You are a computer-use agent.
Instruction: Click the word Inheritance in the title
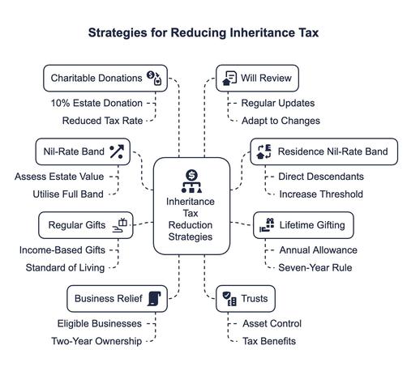tap(263, 32)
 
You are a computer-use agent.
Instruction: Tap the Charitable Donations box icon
tap(154, 78)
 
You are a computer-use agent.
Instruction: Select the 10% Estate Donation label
tap(96, 103)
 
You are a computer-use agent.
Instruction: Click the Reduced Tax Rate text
tap(102, 121)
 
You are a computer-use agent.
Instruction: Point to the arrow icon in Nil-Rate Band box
tap(117, 151)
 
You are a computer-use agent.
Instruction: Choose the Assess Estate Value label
tap(59, 177)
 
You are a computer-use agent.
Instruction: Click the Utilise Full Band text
tap(68, 194)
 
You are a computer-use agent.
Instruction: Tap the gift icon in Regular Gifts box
tap(120, 225)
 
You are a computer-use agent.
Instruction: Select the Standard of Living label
tap(65, 267)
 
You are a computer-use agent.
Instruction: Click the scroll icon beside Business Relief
tap(154, 299)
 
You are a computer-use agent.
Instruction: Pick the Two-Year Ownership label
tap(96, 341)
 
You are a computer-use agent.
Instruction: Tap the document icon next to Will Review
tap(229, 78)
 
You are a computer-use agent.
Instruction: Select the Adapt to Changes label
tap(281, 121)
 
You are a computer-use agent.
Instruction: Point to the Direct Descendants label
tap(321, 177)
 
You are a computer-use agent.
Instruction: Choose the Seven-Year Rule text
tap(315, 267)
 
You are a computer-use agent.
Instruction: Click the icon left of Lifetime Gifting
tap(267, 225)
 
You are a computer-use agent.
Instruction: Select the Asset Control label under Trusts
tap(272, 323)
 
